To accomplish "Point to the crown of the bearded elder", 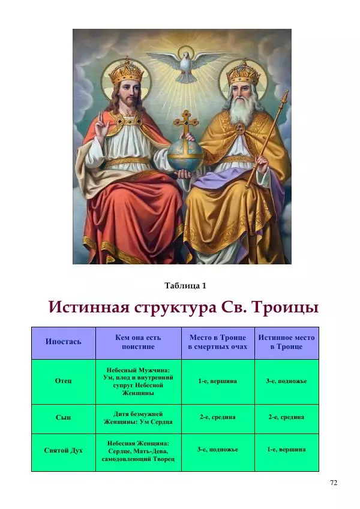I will click(x=242, y=73).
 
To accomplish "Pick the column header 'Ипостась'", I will click(x=63, y=342).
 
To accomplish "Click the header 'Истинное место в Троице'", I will click(x=286, y=342).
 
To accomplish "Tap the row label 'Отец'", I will click(x=63, y=381).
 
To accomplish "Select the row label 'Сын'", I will click(x=63, y=417).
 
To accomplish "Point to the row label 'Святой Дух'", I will click(x=63, y=450).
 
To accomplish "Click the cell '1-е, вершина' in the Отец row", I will click(x=217, y=381).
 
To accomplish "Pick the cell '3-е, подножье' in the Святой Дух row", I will click(x=217, y=450).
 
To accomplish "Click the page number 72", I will click(x=334, y=483).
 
